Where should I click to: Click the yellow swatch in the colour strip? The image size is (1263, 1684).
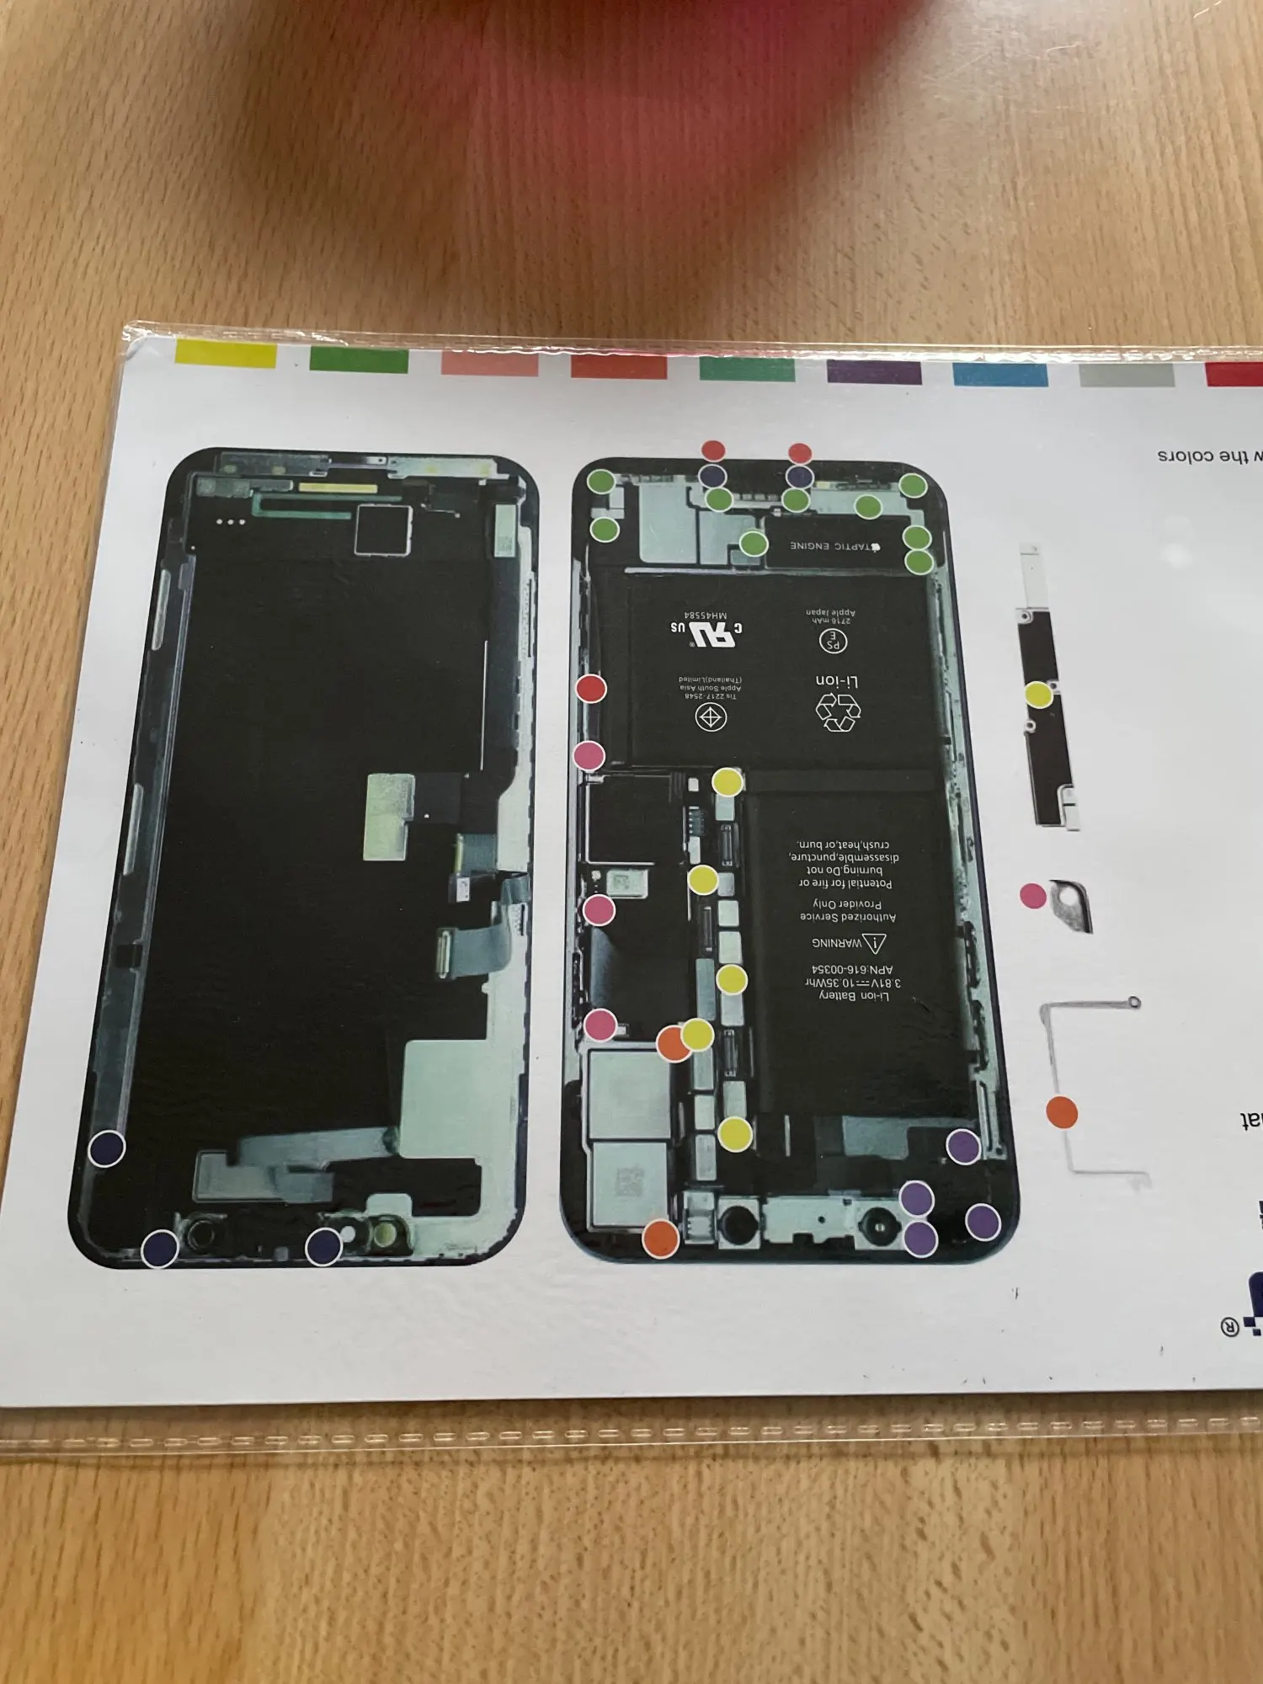[225, 354]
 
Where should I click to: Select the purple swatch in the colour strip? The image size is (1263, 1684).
[874, 371]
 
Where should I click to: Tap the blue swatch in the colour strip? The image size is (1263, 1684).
[1000, 374]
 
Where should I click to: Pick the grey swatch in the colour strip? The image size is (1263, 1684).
[1127, 375]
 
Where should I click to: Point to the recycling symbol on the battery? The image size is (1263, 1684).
[839, 712]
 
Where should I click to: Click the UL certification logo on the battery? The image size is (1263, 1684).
[708, 632]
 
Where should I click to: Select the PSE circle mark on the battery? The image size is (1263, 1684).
[833, 642]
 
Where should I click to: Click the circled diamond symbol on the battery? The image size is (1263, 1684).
[711, 717]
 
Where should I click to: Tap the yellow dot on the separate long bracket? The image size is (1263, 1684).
[1038, 695]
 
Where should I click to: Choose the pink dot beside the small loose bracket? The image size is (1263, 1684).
[1032, 896]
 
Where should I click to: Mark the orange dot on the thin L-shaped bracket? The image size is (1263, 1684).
[1062, 1111]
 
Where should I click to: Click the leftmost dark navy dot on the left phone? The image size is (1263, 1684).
[107, 1148]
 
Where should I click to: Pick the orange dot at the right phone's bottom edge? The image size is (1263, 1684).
[661, 1239]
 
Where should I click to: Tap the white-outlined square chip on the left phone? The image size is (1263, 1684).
[382, 530]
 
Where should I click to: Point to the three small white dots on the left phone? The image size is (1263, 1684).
[231, 523]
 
